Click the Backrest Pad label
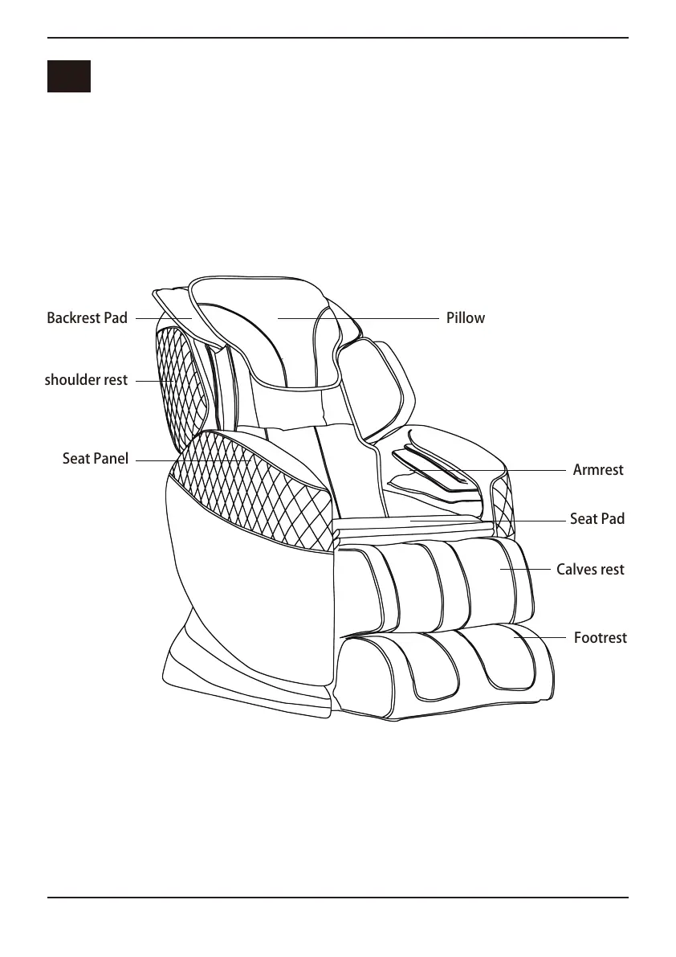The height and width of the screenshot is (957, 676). click(87, 318)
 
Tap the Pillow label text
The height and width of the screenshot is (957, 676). click(466, 318)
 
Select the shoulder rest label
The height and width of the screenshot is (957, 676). click(86, 380)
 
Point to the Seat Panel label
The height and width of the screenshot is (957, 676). click(95, 460)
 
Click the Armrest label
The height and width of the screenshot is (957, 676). click(598, 470)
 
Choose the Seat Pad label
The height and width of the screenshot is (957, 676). click(597, 519)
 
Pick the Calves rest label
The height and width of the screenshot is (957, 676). click(590, 570)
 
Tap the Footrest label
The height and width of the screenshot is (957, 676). click(600, 638)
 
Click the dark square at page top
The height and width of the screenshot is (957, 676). click(68, 76)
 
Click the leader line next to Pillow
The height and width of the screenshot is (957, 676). click(361, 319)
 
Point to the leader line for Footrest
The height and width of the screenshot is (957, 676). click(542, 638)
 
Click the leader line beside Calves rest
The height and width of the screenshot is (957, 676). click(526, 570)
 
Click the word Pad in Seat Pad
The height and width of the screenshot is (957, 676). click(613, 519)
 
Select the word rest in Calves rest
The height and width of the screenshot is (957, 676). click(611, 570)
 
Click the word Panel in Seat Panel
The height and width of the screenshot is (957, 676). click(111, 460)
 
